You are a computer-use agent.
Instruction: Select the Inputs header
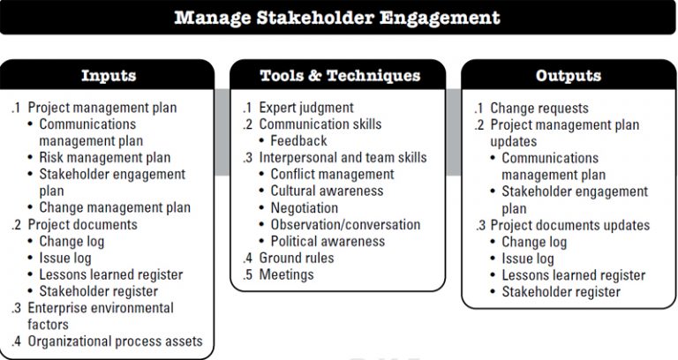[x=108, y=75]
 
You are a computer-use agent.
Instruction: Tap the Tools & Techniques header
[x=339, y=75]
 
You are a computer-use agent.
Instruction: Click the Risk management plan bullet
[x=105, y=158]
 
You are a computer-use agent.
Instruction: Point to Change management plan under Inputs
[x=115, y=208]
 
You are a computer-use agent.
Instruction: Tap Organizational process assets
[x=115, y=341]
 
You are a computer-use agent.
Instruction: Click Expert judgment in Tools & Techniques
[x=305, y=108]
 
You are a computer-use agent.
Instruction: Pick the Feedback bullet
[x=298, y=141]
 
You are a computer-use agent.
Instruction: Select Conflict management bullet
[x=332, y=175]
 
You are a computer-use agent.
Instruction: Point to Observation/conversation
[x=338, y=225]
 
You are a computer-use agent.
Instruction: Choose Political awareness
[x=328, y=242]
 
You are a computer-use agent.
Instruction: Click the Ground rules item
[x=296, y=259]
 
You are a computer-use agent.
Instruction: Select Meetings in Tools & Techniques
[x=286, y=275]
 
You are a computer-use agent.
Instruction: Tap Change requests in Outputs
[x=539, y=108]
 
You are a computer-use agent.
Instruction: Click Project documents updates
[x=570, y=225]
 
